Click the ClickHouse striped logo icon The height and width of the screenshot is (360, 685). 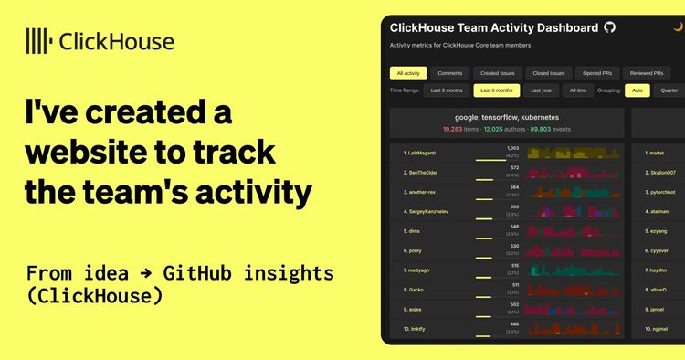point(38,41)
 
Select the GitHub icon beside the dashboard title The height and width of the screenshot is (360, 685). point(610,28)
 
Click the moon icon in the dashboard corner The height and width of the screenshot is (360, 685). point(678,27)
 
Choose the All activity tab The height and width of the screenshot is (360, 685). point(407,73)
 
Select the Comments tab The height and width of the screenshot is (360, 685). point(449,73)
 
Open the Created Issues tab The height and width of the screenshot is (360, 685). point(498,73)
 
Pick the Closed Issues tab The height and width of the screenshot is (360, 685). point(549,73)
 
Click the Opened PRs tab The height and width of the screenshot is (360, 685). point(598,73)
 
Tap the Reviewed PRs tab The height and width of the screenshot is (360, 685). point(647,73)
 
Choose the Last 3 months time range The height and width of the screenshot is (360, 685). point(447,90)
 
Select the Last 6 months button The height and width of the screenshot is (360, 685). point(497,90)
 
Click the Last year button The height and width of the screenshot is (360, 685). point(542,90)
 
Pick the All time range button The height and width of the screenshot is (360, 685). point(577,90)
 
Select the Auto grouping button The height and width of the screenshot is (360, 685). point(637,90)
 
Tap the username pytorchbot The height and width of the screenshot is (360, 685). point(662,193)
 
